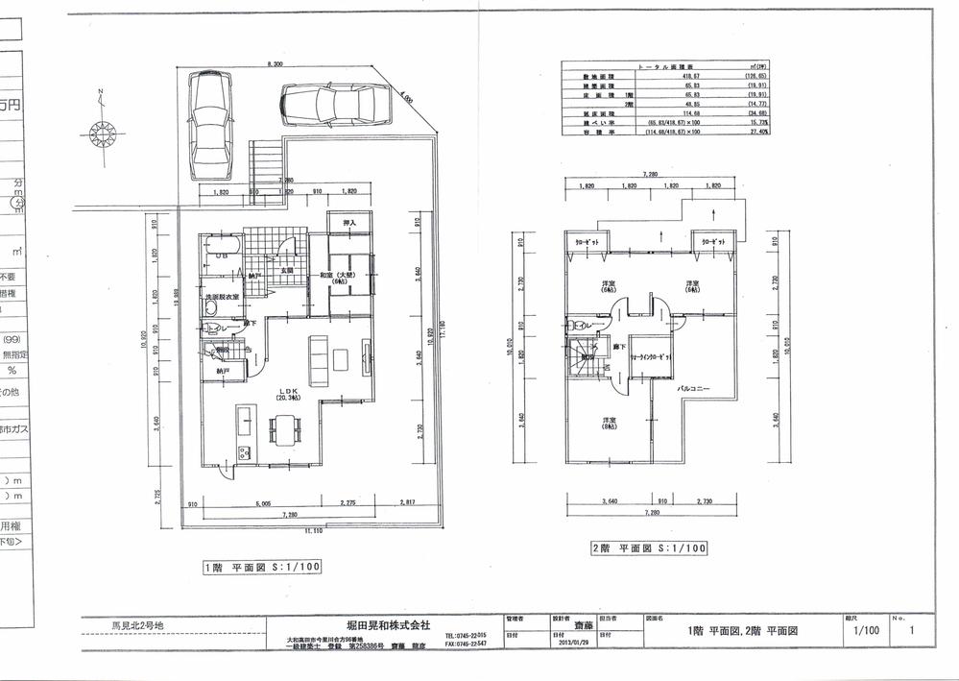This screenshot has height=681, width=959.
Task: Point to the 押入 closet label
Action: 349,224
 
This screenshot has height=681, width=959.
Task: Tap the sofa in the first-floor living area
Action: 317,358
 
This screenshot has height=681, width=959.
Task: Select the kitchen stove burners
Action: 243,453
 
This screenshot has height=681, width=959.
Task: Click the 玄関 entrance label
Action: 286,271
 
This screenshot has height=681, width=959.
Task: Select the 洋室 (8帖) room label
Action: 609,424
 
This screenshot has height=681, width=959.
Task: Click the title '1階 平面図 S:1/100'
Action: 261,566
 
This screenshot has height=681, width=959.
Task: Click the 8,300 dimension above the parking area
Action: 276,65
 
